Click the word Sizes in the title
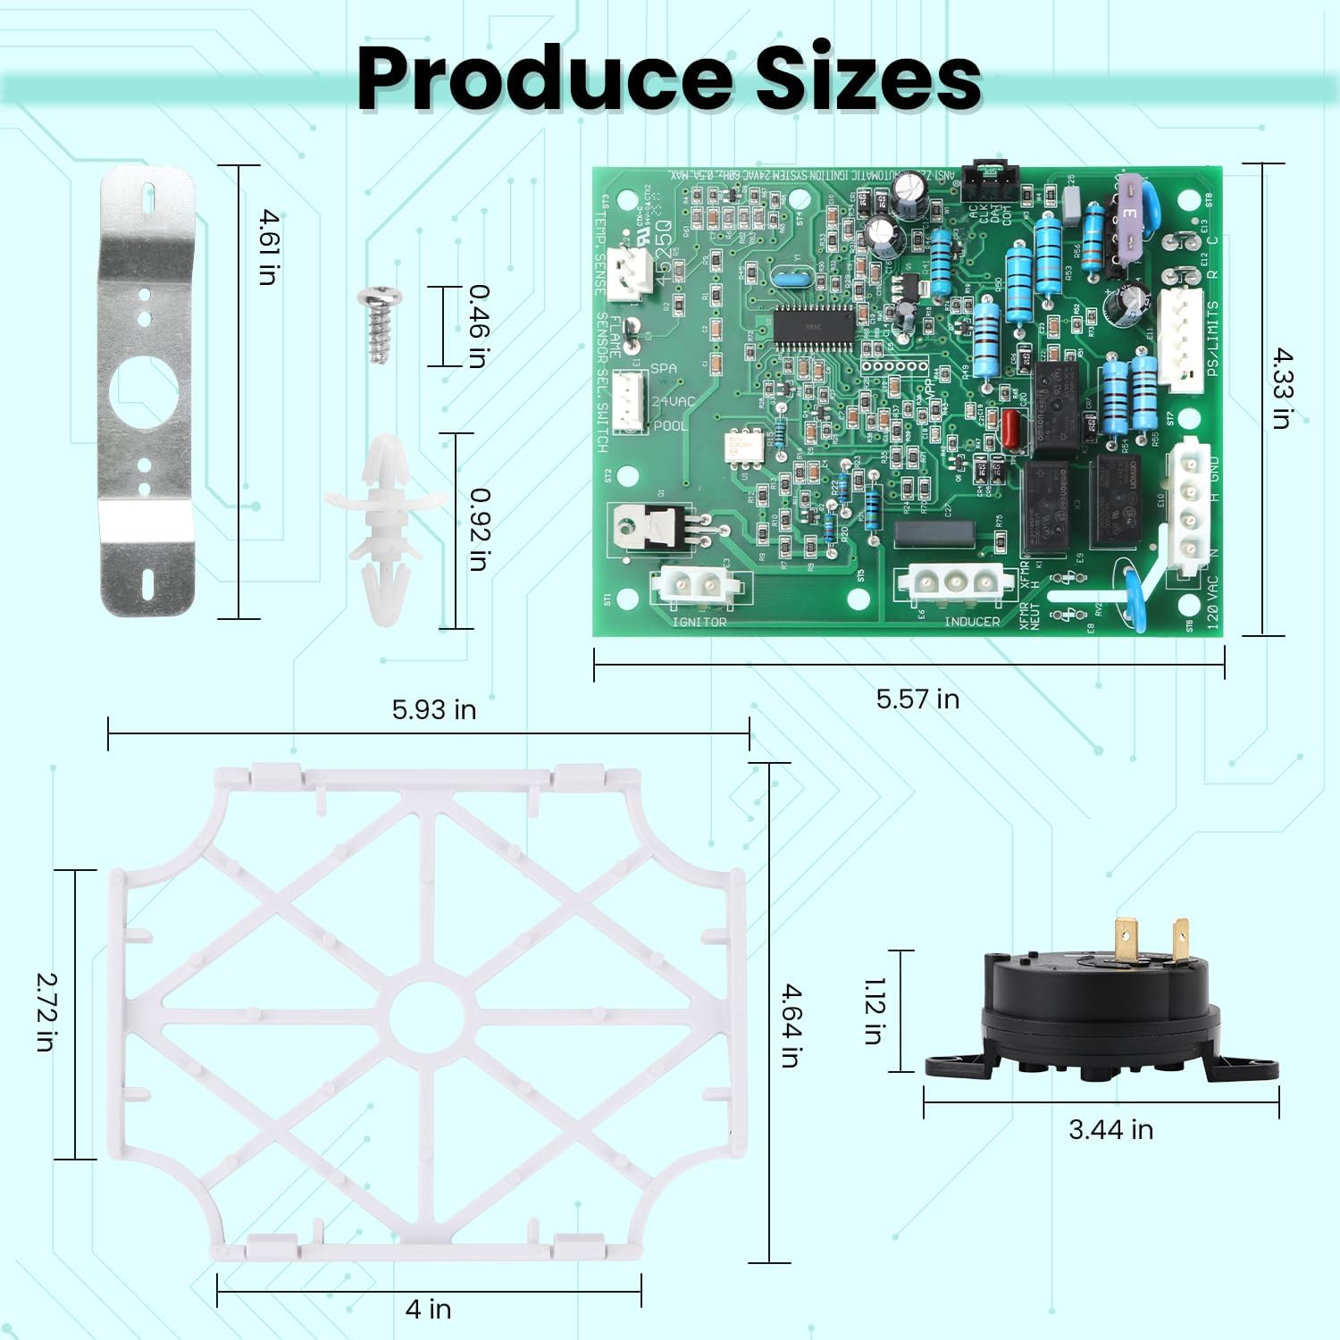[x=868, y=79]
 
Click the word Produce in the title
[x=545, y=79]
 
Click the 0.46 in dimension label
[x=479, y=325]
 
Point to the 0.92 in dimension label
[x=479, y=529]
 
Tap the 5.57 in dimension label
[x=917, y=699]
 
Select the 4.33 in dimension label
[x=1282, y=388]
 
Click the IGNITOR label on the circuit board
[x=699, y=622]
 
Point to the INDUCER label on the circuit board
[x=972, y=622]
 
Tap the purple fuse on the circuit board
[x=1130, y=214]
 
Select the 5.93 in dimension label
[x=434, y=709]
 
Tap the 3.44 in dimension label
[x=1110, y=1130]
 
